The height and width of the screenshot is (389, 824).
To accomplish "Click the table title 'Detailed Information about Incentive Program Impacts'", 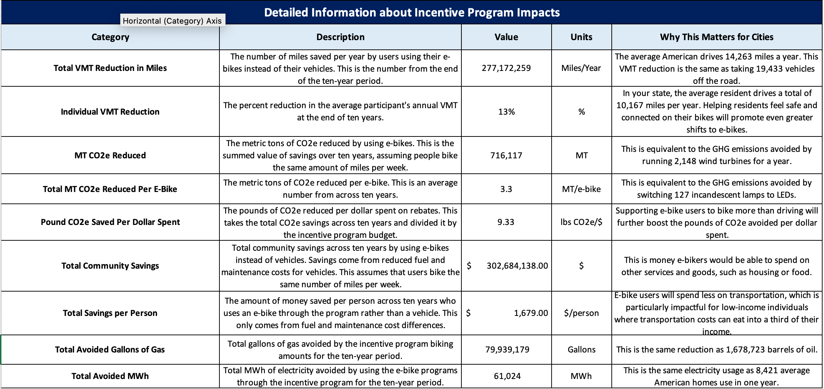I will pyautogui.click(x=412, y=13).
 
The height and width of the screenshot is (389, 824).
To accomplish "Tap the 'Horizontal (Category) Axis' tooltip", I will pyautogui.click(x=172, y=21).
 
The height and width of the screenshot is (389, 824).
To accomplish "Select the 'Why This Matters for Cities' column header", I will pyautogui.click(x=717, y=37).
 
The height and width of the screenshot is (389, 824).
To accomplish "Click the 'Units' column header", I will pyautogui.click(x=581, y=37).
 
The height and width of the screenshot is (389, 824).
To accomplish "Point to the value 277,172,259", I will pyautogui.click(x=506, y=68).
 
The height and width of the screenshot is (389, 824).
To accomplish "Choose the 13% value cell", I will pyautogui.click(x=506, y=112).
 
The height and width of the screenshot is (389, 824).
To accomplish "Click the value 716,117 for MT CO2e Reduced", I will pyautogui.click(x=506, y=155).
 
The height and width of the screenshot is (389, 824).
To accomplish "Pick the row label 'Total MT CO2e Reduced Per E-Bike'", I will pyautogui.click(x=110, y=189).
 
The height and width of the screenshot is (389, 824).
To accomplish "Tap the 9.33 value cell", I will pyautogui.click(x=506, y=222).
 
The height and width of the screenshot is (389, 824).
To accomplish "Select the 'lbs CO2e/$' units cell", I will pyautogui.click(x=581, y=222).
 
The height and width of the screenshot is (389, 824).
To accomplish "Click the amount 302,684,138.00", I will pyautogui.click(x=517, y=266).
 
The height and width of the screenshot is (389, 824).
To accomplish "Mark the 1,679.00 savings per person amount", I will pyautogui.click(x=531, y=313).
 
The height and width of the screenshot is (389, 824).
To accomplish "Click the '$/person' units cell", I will pyautogui.click(x=581, y=313).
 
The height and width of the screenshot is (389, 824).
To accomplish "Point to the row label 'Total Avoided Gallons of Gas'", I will pyautogui.click(x=110, y=350).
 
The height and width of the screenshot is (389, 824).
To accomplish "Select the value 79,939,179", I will pyautogui.click(x=507, y=350).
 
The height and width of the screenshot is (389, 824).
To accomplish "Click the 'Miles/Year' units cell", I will pyautogui.click(x=581, y=68).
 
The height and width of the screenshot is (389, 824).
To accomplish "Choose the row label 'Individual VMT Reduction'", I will pyautogui.click(x=110, y=112).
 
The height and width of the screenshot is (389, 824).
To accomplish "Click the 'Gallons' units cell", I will pyautogui.click(x=581, y=350).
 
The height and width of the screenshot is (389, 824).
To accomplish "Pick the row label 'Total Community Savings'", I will pyautogui.click(x=110, y=266).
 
